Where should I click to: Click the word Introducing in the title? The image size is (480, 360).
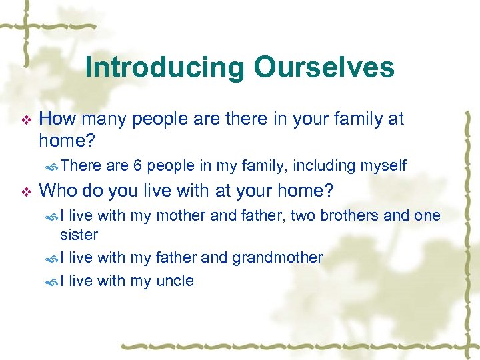163,67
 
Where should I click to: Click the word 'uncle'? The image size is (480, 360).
175,281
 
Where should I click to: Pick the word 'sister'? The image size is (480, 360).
79,235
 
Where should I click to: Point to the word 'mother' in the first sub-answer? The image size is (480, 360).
175,215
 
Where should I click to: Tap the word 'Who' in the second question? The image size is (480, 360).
56,191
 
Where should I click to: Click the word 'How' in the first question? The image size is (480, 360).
57,119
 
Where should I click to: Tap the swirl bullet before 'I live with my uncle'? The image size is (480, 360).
53,282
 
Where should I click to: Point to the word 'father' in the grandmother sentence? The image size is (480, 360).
176,258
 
